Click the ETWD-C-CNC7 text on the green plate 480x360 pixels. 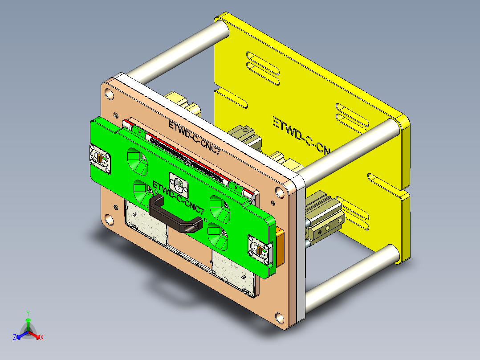coord(178,192)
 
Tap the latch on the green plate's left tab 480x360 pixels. coord(101,158)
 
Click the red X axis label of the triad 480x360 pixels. coord(42,338)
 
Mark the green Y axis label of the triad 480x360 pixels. coord(28,313)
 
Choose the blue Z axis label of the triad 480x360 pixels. coord(15,338)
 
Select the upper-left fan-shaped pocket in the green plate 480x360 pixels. coord(138,161)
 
